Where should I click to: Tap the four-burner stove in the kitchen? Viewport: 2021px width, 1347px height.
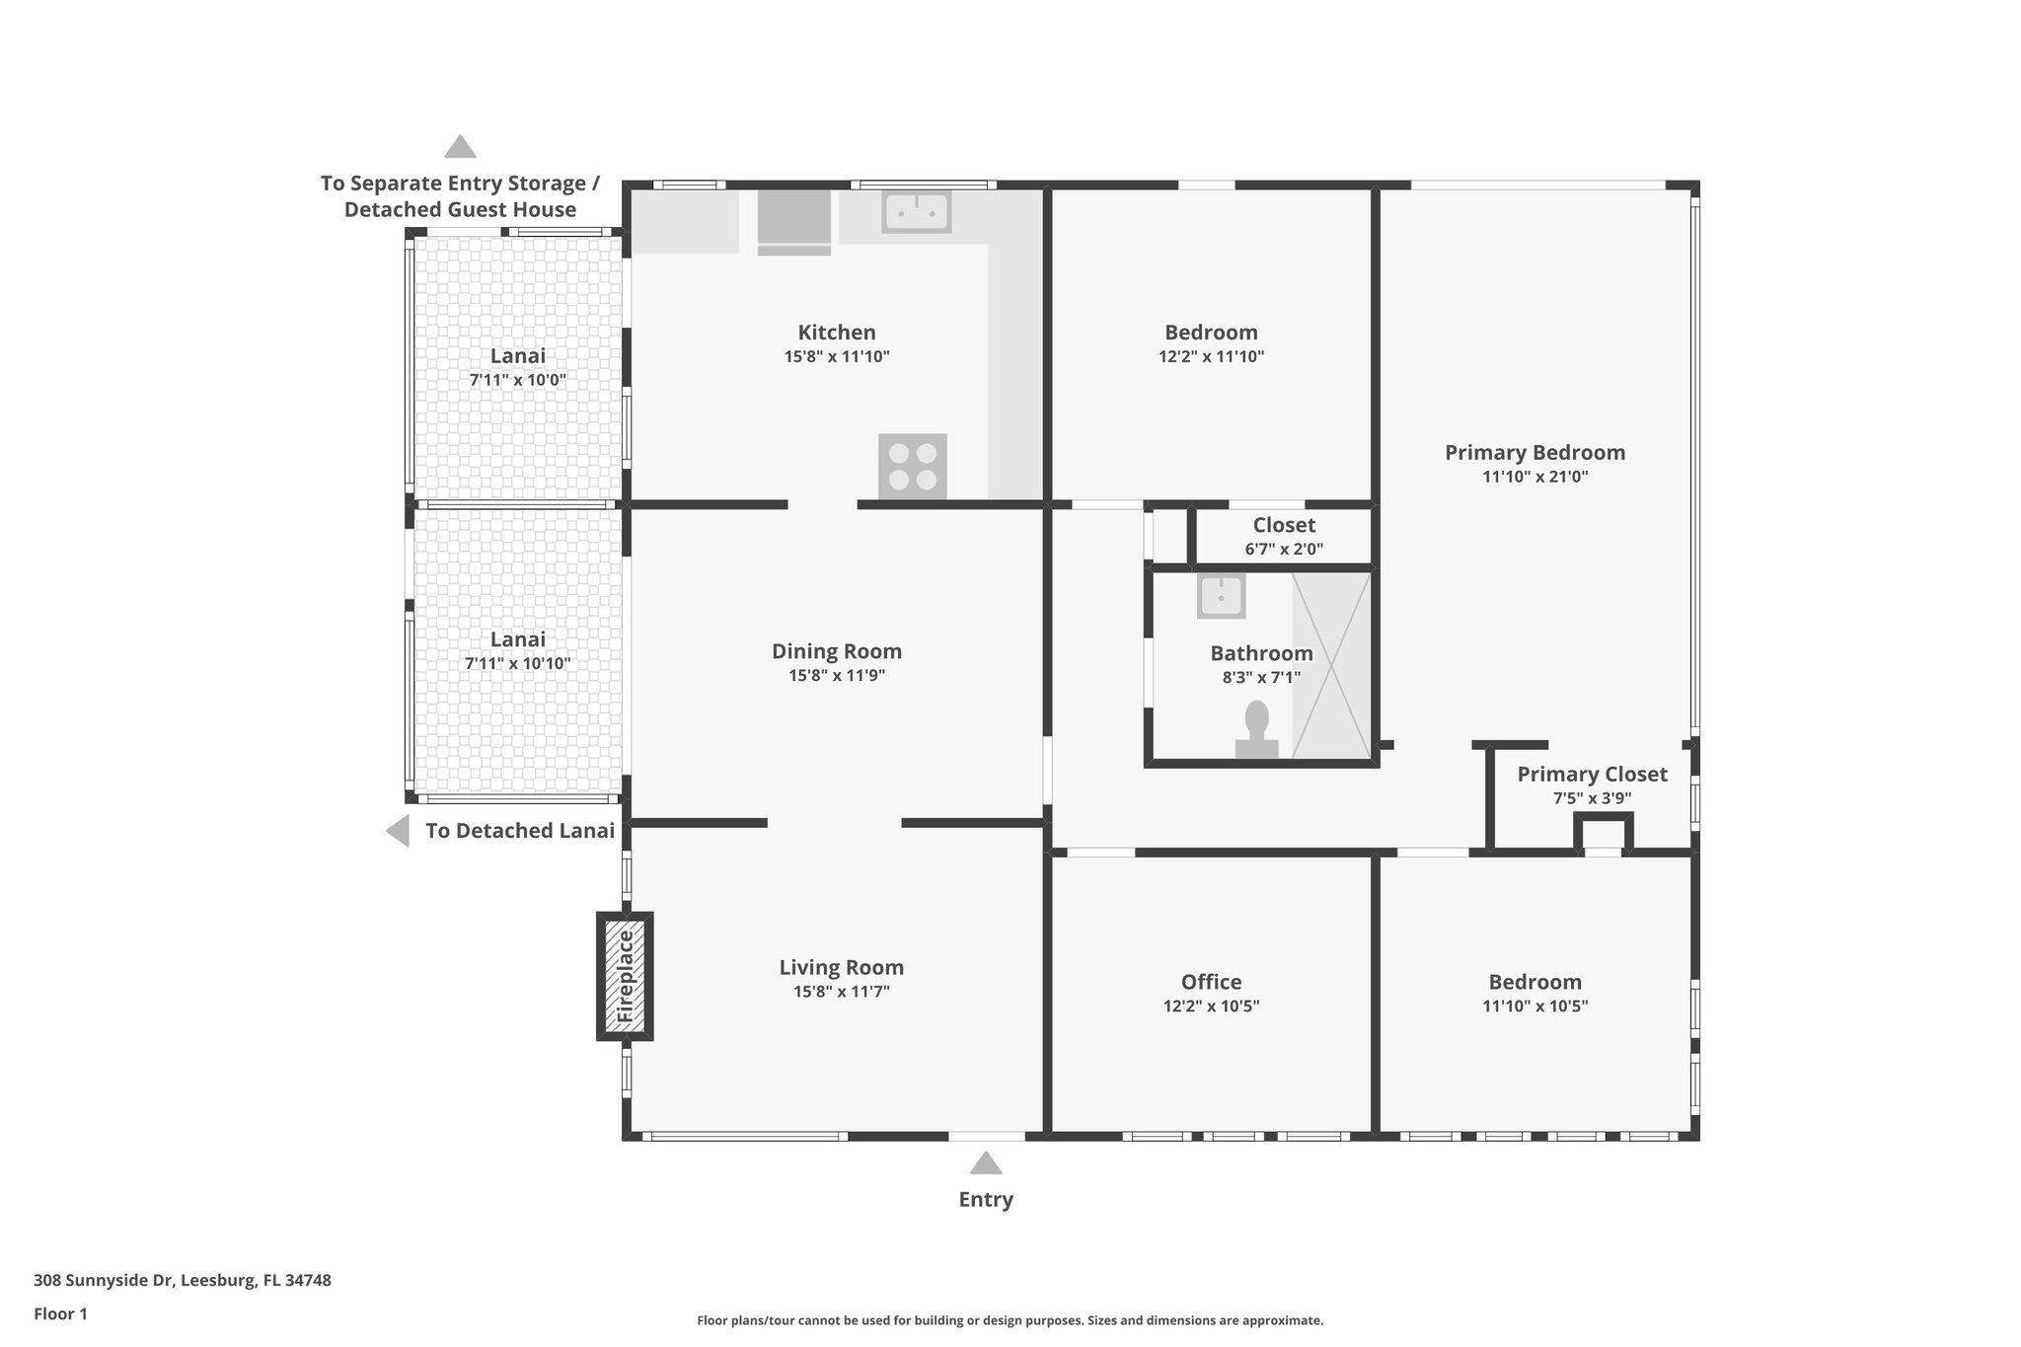913,467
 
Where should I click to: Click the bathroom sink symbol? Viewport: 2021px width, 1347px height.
1221,596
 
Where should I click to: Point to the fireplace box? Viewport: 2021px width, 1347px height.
625,976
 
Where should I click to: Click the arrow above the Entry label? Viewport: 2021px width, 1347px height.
986,1162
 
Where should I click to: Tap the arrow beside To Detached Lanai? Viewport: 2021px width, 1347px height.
397,831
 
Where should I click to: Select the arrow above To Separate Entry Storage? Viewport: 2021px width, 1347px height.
460,147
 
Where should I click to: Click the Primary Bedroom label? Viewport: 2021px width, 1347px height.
1534,453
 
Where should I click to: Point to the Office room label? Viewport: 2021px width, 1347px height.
1211,982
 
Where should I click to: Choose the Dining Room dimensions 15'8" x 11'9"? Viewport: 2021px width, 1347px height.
836,676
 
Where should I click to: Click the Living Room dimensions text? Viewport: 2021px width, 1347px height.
842,992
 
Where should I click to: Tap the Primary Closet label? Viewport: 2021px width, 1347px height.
1592,775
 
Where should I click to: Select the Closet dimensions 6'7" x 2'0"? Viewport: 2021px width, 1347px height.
1284,550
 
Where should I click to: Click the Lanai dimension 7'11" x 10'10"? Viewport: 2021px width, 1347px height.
517,664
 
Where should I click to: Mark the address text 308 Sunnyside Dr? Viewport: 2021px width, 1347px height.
104,1281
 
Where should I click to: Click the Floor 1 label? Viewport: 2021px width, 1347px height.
60,1314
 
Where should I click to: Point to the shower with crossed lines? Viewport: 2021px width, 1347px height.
1331,666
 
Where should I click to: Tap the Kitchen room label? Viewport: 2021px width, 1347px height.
837,333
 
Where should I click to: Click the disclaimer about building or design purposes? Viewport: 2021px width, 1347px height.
1010,1320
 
